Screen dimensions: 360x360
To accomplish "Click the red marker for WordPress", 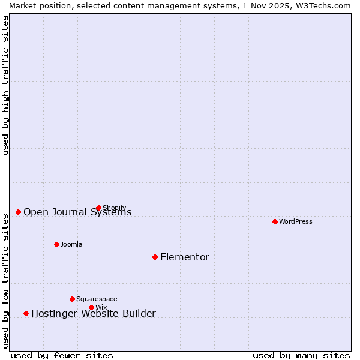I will [x=275, y=221].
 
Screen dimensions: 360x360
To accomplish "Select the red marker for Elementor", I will [x=155, y=257].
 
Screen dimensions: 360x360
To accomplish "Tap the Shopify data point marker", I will [x=98, y=208].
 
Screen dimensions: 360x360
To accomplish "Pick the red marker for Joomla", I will [x=56, y=244].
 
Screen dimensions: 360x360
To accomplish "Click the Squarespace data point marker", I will [x=72, y=299].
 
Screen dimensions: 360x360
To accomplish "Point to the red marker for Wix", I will [x=91, y=307].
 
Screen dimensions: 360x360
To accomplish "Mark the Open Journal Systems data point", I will [x=18, y=212].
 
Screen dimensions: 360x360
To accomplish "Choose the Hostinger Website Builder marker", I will [x=26, y=313].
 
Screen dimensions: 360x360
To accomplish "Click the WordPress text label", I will [x=296, y=221].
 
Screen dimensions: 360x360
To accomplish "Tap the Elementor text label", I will [x=185, y=257].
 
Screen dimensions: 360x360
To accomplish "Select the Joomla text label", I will [x=71, y=244].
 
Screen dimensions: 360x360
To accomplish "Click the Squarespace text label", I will [x=97, y=299].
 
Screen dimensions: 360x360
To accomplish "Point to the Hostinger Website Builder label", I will [x=93, y=313].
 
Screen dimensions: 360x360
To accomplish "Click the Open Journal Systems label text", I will [x=77, y=212].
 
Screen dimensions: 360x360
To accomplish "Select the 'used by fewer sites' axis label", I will [x=62, y=355].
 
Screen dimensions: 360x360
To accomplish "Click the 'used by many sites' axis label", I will [x=301, y=355].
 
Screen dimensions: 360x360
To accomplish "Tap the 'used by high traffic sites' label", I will [x=5, y=85].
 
